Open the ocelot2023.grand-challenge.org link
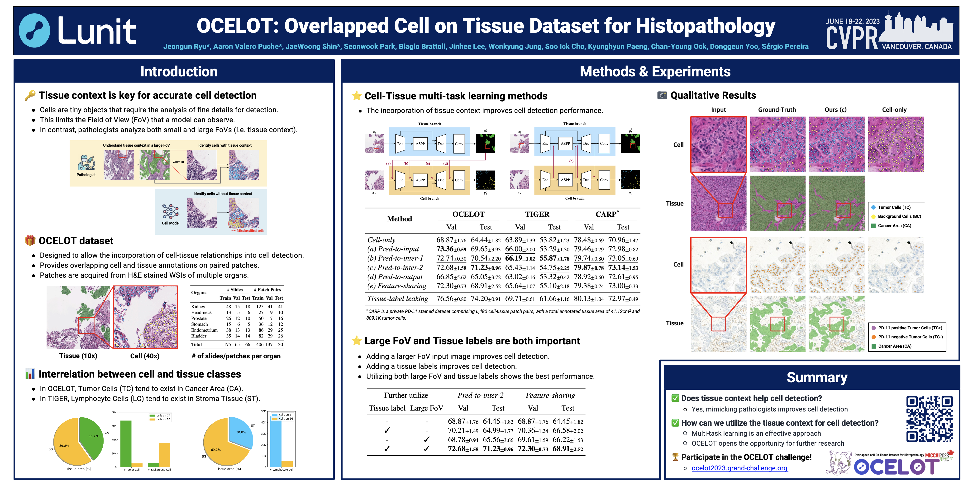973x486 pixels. click(x=739, y=468)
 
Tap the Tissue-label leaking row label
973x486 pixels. click(x=397, y=299)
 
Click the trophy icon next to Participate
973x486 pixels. click(x=675, y=457)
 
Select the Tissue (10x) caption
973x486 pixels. click(x=78, y=356)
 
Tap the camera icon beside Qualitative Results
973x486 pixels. click(x=662, y=95)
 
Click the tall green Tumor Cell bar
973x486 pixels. click(x=126, y=443)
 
